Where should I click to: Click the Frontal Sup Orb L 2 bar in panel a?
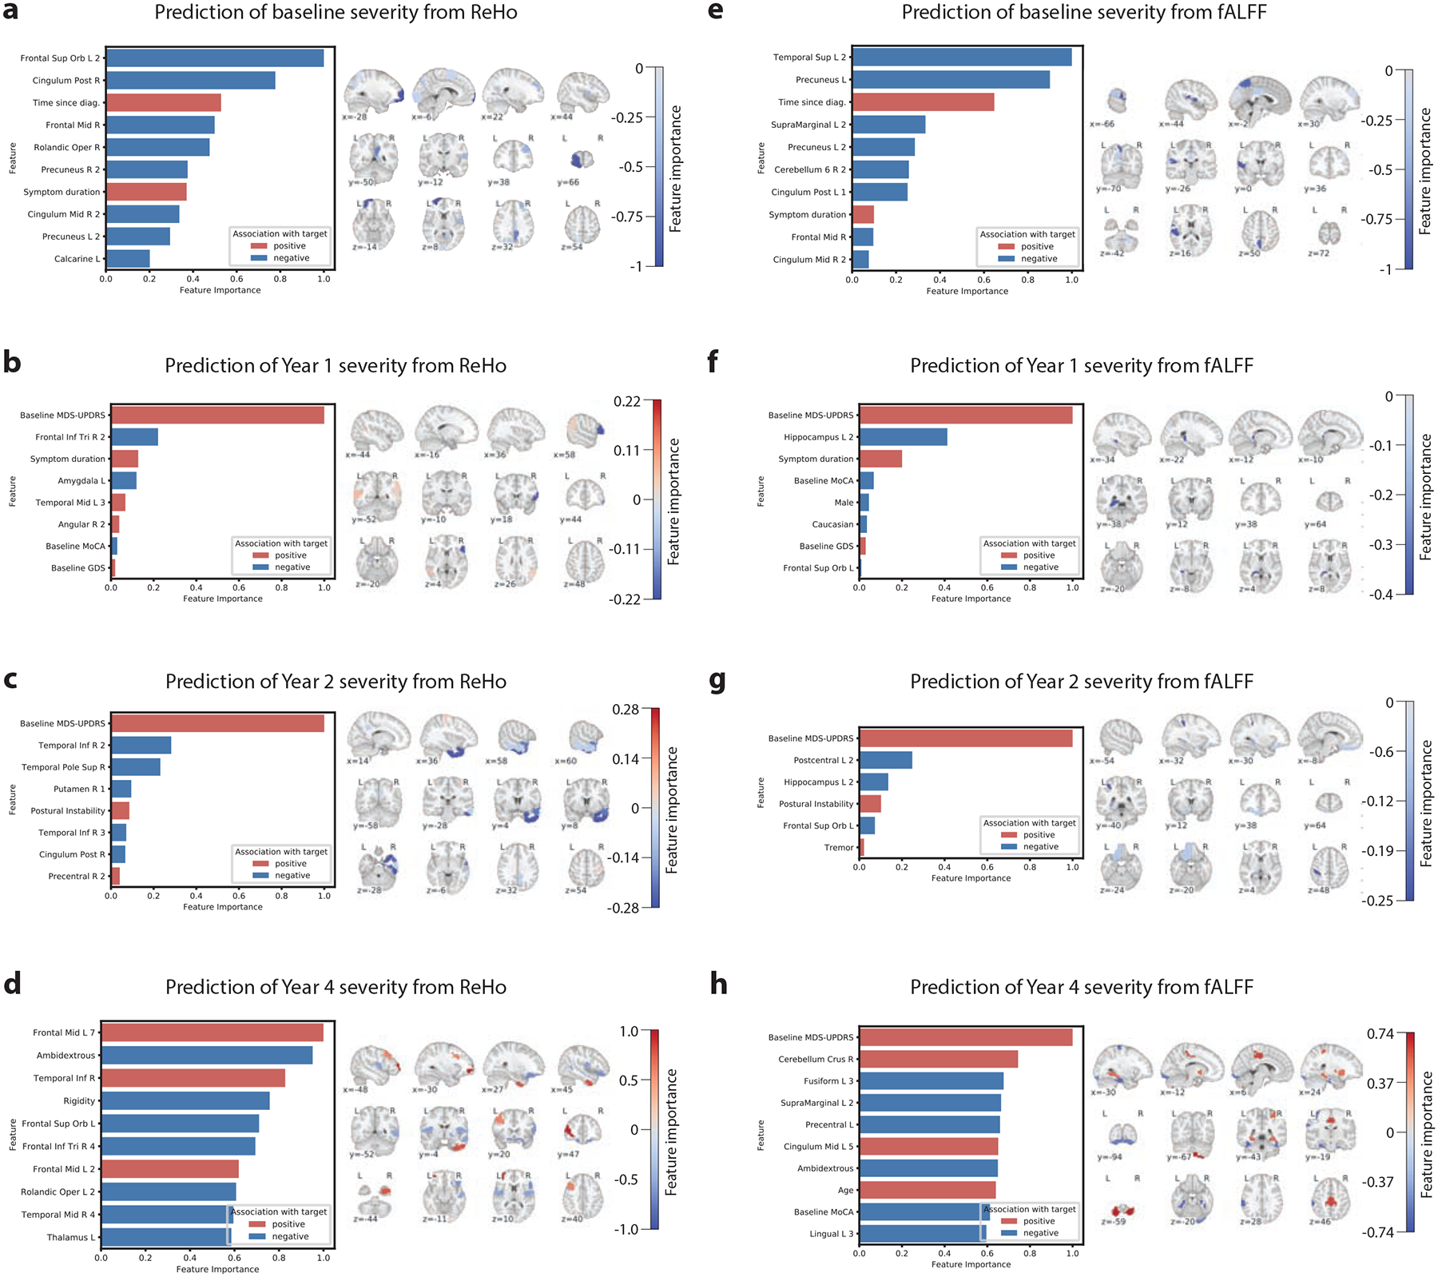214,58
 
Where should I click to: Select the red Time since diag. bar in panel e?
923,102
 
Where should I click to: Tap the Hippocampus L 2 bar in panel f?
903,437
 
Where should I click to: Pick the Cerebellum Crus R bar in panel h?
938,1059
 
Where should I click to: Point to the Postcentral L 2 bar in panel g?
885,760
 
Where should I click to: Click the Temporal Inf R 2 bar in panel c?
141,745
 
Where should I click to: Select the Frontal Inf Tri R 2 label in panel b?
70,437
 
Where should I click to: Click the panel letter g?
717,680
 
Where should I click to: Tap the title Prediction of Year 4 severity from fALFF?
1081,987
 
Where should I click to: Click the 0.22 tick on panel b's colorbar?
626,401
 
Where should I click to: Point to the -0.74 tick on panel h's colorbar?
1380,1231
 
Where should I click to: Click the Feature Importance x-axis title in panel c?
222,907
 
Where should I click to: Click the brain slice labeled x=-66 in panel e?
1117,101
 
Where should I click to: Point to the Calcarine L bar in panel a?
128,258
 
